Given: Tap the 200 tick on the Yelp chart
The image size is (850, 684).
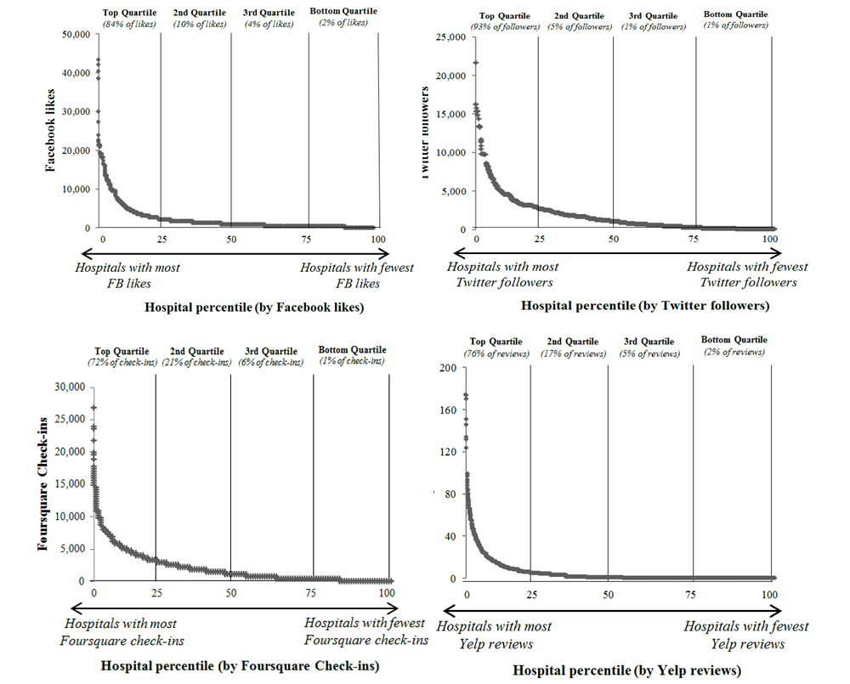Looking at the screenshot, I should (448, 368).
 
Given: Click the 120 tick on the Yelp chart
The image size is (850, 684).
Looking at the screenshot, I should (448, 452).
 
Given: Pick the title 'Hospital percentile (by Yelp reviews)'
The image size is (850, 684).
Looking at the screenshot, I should (627, 670).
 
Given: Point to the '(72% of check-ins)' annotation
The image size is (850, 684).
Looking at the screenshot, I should (122, 362).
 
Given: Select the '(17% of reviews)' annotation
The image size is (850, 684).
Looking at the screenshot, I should (571, 353).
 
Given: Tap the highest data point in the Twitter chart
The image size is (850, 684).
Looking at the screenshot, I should (476, 62).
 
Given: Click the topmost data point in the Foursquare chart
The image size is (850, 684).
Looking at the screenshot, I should (93, 408).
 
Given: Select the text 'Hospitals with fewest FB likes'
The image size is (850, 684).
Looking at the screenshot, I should (356, 275).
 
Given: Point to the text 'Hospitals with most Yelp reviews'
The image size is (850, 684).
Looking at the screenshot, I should (494, 635).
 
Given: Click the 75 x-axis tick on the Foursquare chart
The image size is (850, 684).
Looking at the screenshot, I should (313, 592).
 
